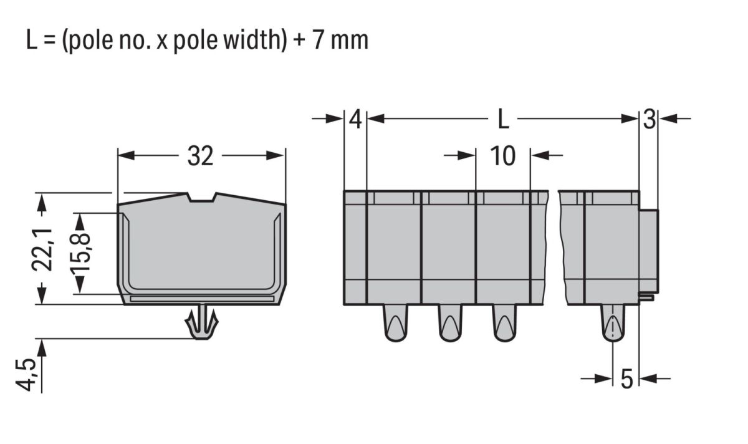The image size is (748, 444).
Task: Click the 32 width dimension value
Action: coord(200,156)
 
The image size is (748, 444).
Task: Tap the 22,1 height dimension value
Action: coord(42,249)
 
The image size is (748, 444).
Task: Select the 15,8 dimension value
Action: coord(80,253)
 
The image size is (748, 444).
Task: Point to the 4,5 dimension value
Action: coord(26,375)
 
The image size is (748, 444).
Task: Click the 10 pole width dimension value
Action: coord(502,156)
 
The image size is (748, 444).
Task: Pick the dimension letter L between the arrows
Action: coord(503,119)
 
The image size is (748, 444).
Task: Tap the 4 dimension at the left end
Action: coord(355,119)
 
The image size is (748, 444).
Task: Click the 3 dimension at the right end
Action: coord(650,119)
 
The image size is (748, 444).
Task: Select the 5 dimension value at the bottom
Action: coord(627,379)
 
